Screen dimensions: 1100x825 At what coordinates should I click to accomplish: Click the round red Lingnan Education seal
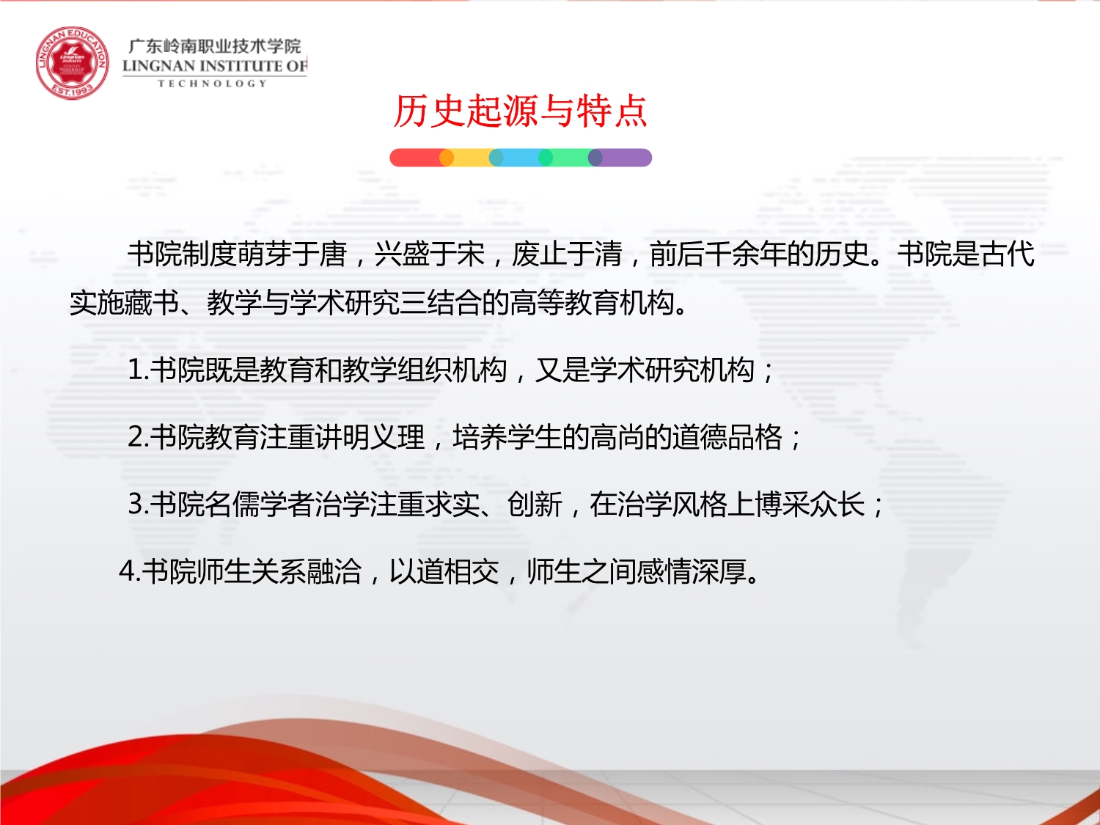point(72,63)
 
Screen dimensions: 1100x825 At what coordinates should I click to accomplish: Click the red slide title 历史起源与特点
point(520,111)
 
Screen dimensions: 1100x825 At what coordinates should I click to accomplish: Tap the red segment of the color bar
point(416,158)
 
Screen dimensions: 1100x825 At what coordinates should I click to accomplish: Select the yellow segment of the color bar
point(471,158)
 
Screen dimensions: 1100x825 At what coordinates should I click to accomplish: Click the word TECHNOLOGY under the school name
point(213,84)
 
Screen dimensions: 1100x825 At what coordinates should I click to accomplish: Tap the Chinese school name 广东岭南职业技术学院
point(214,46)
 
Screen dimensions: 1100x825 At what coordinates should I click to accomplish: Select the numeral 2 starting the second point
point(136,437)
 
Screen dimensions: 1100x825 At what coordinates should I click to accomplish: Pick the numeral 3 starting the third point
point(136,503)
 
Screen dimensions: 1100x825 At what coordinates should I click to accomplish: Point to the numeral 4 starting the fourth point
point(128,571)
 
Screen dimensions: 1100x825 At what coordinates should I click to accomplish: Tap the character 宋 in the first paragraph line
point(471,254)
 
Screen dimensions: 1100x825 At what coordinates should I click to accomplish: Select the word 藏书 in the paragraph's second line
point(152,303)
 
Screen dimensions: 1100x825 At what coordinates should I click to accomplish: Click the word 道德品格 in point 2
point(727,437)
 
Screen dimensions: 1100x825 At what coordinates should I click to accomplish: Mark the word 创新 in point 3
point(535,504)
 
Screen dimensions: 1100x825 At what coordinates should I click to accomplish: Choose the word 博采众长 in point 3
point(810,504)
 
